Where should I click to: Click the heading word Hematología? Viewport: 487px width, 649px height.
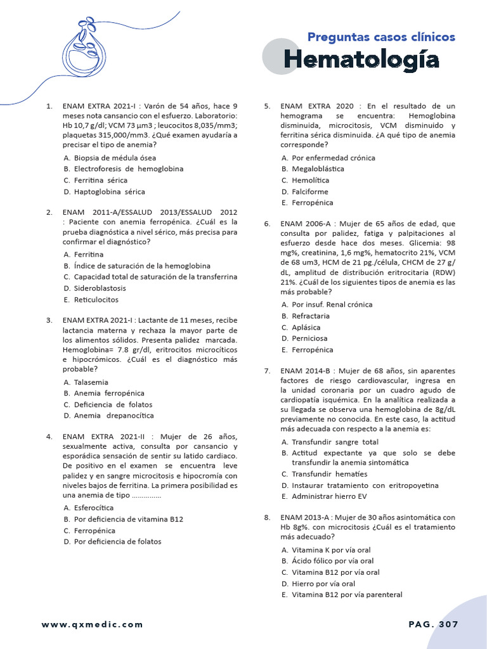(361, 60)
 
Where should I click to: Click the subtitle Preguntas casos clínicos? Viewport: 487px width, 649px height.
(381, 37)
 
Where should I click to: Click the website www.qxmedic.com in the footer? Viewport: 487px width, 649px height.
(93, 624)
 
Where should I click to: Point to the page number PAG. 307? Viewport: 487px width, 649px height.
(433, 624)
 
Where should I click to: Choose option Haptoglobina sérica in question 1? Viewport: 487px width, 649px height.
(109, 191)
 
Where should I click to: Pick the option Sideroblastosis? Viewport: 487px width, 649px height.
(100, 288)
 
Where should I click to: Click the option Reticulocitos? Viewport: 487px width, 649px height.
(96, 300)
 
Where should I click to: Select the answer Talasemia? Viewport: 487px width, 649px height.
(91, 382)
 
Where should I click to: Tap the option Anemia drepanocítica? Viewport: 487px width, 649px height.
(114, 416)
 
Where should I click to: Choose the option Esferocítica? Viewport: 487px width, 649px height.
(94, 508)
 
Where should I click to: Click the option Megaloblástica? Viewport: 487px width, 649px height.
(318, 169)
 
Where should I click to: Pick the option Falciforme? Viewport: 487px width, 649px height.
(310, 191)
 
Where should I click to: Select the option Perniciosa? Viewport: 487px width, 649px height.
(309, 338)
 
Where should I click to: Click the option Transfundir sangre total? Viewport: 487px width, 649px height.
(335, 442)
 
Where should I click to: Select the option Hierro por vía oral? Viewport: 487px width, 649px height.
(323, 583)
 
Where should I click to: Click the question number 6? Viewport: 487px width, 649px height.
(268, 224)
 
